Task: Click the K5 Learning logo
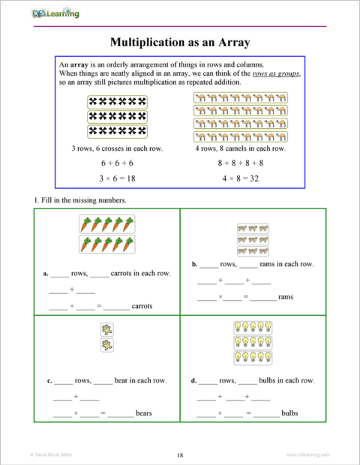[55, 13]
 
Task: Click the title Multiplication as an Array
[179, 42]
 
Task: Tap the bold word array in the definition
[80, 65]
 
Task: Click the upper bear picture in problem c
[107, 329]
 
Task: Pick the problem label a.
[46, 274]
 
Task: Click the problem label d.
[193, 381]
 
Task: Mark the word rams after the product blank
[286, 298]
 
